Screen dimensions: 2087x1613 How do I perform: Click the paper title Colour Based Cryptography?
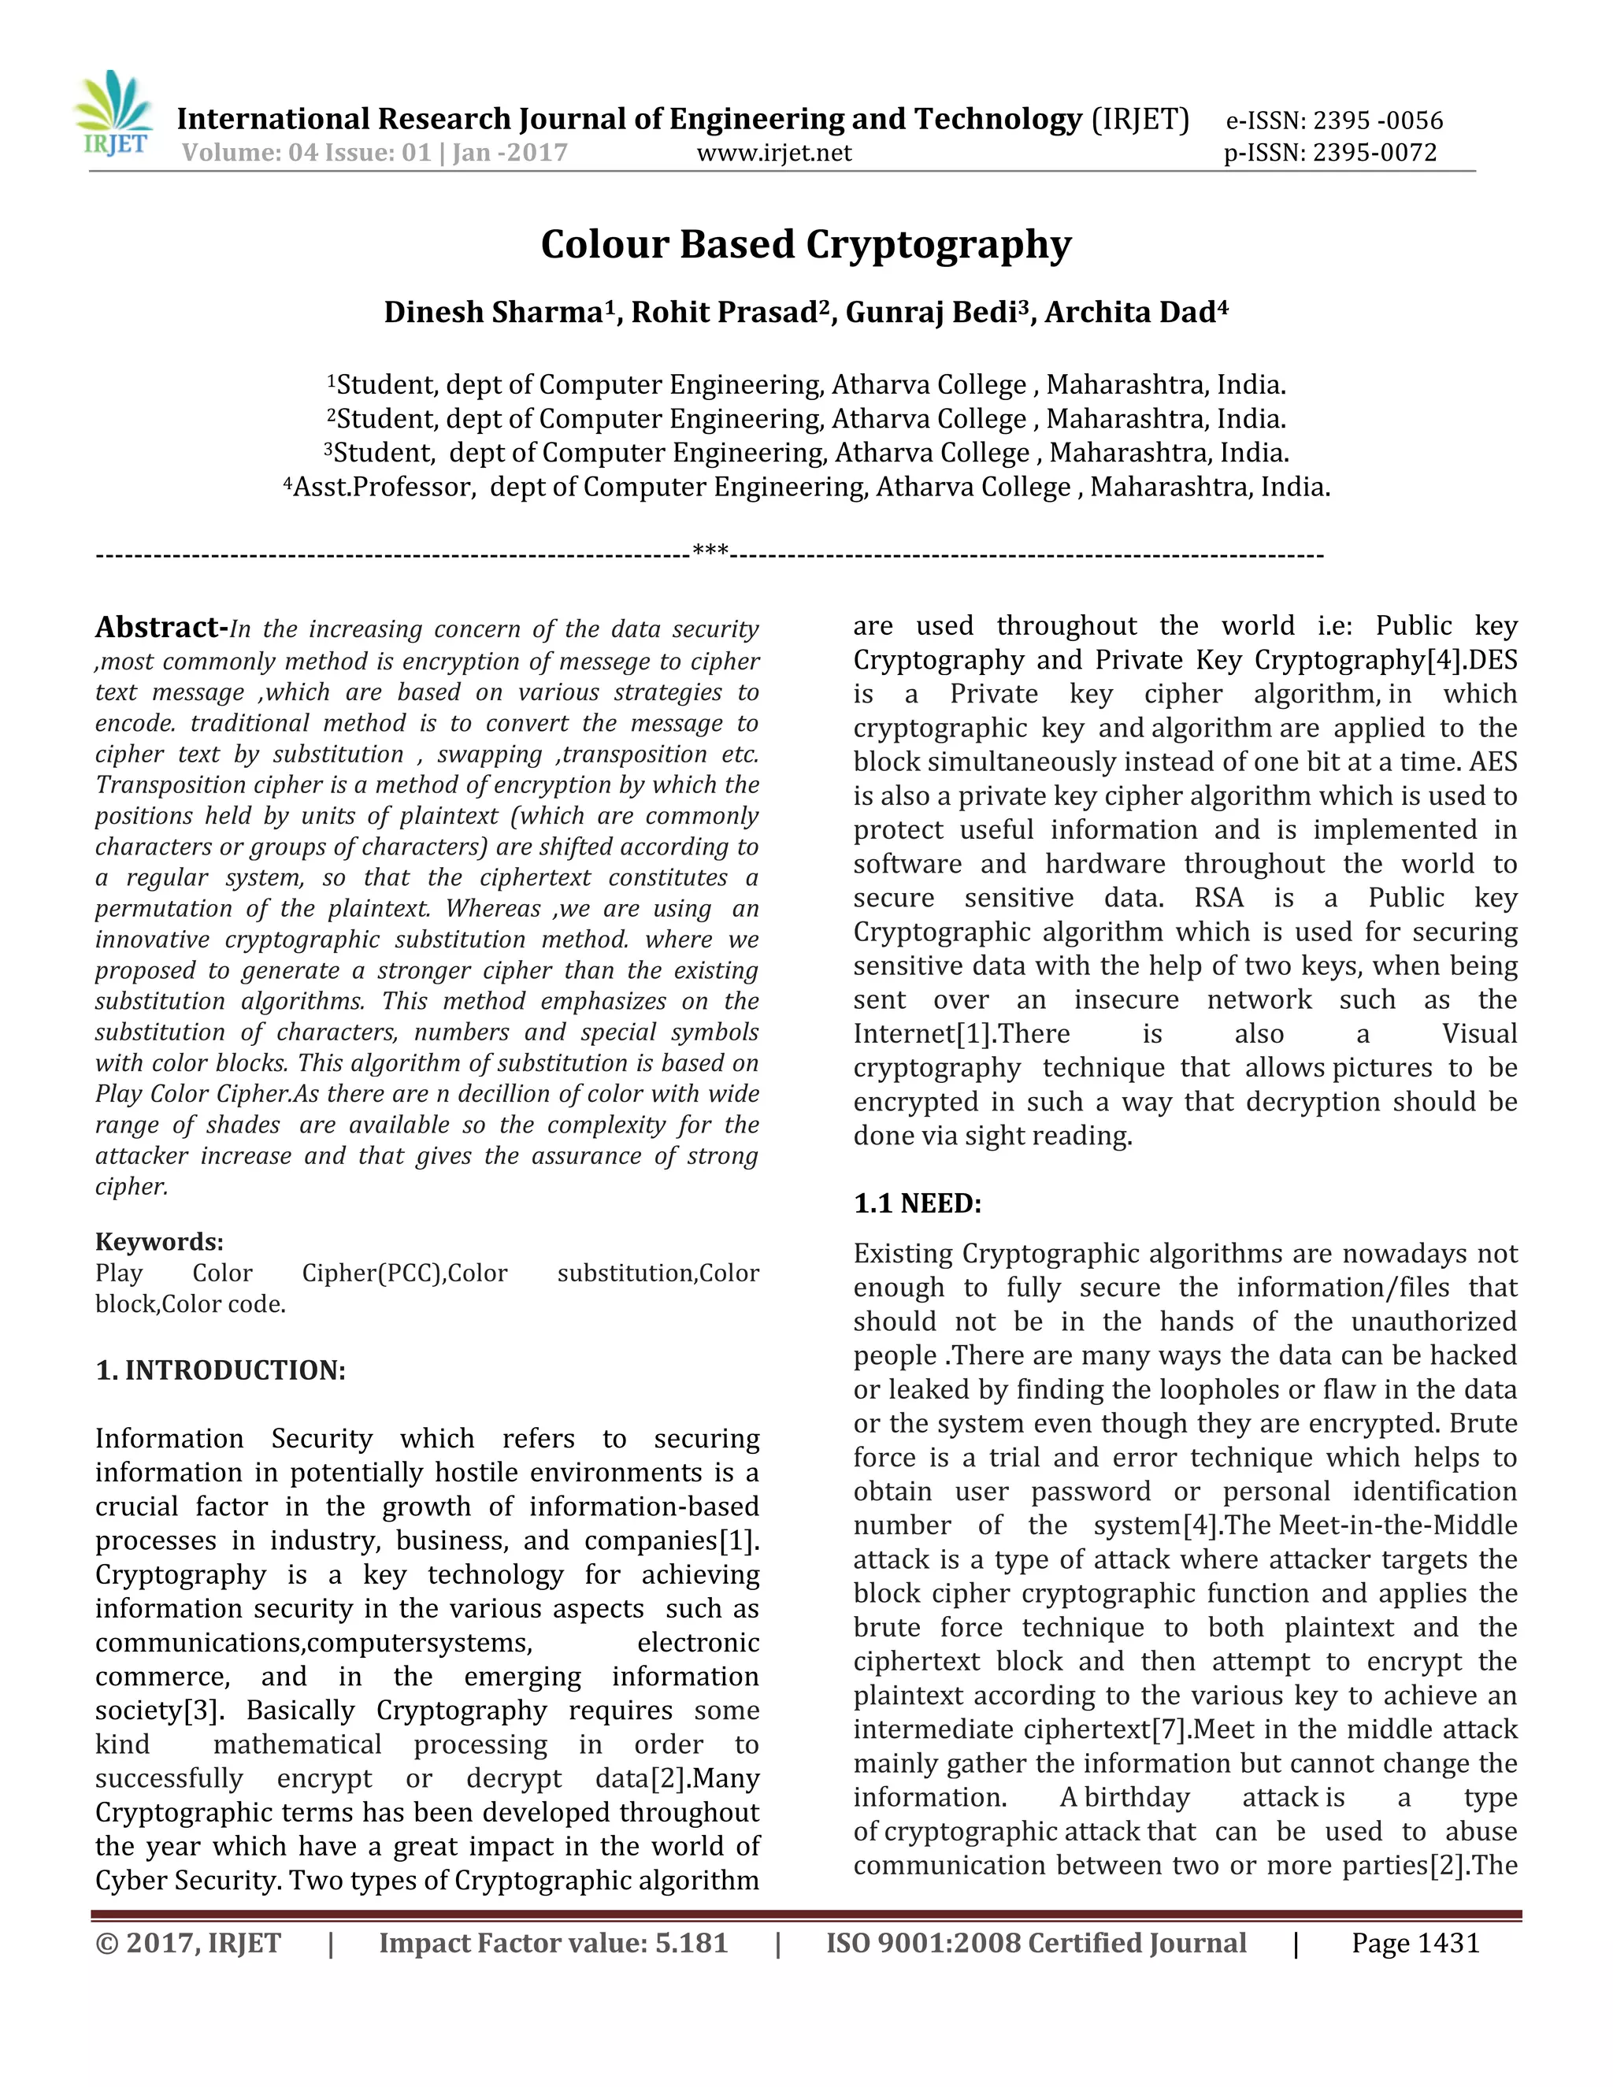[x=806, y=245]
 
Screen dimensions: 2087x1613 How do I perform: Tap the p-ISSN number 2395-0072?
[x=1374, y=153]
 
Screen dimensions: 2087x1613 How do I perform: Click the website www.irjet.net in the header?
[x=774, y=153]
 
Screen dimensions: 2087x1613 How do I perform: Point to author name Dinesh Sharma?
[x=493, y=313]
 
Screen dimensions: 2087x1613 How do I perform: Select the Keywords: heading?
[x=158, y=1241]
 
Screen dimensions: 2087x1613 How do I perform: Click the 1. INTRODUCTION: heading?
[x=220, y=1370]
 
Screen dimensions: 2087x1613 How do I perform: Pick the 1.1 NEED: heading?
[x=917, y=1203]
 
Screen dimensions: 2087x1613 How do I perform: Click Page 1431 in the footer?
[x=1415, y=1943]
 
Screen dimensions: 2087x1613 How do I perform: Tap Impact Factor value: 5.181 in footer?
[x=553, y=1943]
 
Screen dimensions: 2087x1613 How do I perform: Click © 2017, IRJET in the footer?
[x=188, y=1943]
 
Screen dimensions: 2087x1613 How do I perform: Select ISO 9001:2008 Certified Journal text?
[x=1036, y=1943]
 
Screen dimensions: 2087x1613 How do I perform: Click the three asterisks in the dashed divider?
[x=710, y=551]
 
